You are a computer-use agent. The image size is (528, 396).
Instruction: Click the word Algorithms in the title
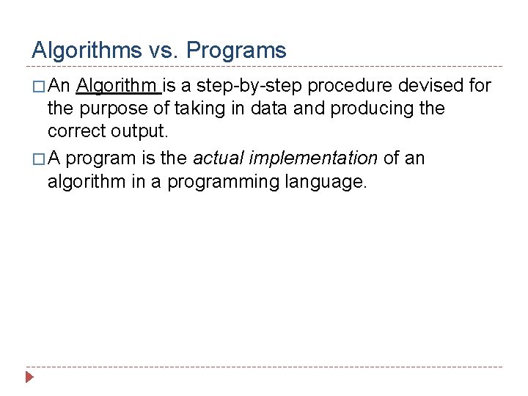click(87, 51)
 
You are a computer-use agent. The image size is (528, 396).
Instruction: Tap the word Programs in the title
click(236, 51)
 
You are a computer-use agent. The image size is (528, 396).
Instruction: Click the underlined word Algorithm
click(117, 86)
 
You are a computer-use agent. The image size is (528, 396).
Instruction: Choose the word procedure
click(350, 86)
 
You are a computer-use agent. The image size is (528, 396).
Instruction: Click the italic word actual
click(219, 158)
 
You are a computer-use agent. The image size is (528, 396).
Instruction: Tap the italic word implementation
click(314, 158)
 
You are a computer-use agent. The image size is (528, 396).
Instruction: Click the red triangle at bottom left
click(29, 378)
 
